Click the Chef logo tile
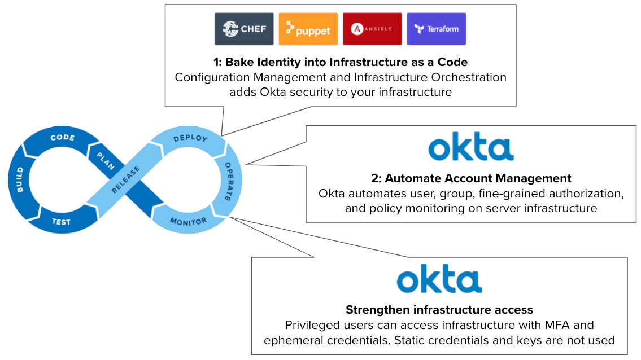pos(244,29)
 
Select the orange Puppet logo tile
pos(308,29)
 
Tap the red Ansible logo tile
pos(372,29)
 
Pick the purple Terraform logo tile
pos(436,29)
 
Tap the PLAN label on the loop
pos(105,161)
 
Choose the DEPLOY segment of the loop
pos(190,139)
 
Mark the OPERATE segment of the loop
pos(228,181)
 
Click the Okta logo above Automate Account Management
pos(471,148)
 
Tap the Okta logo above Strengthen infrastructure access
pos(439,280)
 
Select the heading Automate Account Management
pos(471,178)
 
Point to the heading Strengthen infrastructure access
pos(439,310)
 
